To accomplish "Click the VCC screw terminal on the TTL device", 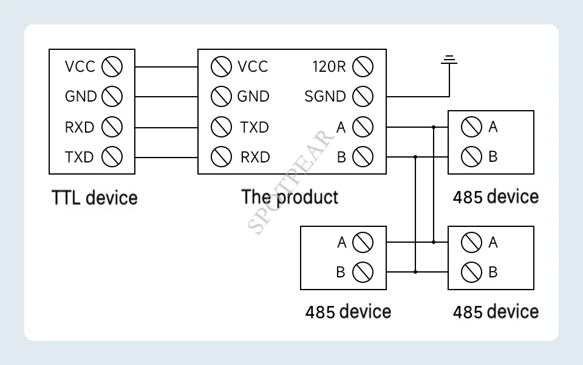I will point(112,66).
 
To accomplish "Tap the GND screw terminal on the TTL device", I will point(112,96).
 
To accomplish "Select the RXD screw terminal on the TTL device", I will point(112,127).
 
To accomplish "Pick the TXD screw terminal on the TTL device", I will point(112,157).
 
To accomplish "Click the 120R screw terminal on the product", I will point(363,66).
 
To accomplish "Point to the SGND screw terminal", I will point(363,96).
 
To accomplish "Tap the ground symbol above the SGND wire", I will point(449,60).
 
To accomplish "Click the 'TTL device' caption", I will point(95,198).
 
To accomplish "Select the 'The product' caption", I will point(290,197).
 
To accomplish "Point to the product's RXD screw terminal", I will point(221,157).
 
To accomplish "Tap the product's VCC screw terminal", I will point(221,66).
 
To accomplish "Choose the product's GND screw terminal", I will point(221,96).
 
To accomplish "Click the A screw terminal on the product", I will point(363,127).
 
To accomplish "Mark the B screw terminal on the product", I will point(363,157).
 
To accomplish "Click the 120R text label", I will point(329,66).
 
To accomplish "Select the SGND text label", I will point(325,96).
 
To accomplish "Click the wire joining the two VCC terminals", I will point(166,66).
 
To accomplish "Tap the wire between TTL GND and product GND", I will point(166,96).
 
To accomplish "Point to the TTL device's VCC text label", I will point(80,66).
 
